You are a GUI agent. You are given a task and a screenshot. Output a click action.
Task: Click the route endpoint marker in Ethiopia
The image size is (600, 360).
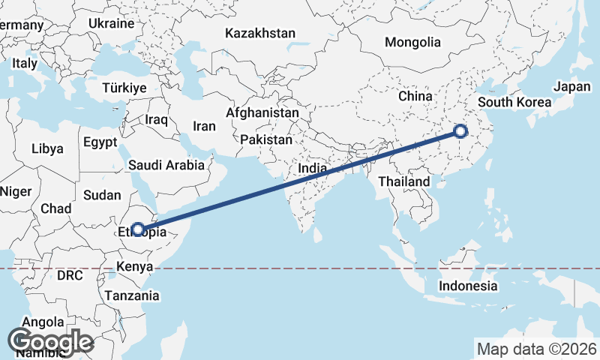click(x=138, y=229)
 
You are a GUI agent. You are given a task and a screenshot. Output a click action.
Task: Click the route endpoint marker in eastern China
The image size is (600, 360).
click(x=460, y=132)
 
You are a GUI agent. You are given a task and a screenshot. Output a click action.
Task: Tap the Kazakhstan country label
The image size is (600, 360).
click(x=260, y=34)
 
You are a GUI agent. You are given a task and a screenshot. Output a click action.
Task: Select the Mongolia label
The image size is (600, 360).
click(x=412, y=42)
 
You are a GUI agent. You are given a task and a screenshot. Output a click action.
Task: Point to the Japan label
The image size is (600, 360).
click(x=572, y=86)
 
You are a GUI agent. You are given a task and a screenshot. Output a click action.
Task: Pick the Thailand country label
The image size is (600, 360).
click(x=404, y=181)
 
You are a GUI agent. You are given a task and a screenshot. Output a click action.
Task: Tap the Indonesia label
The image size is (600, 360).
click(x=468, y=286)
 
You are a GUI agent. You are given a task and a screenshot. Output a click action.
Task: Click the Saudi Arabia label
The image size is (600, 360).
click(x=166, y=165)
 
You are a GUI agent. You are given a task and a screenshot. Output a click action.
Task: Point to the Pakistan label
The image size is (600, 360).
click(x=266, y=139)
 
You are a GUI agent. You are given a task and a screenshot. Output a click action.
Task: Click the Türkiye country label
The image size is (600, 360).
click(x=124, y=88)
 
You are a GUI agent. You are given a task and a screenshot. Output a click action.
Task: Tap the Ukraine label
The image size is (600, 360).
click(x=111, y=23)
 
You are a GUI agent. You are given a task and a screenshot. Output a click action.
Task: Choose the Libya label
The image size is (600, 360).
click(x=47, y=148)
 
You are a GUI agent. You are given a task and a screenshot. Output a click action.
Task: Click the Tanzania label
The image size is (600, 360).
click(x=132, y=295)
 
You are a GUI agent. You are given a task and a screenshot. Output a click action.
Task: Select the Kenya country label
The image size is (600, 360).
click(x=135, y=266)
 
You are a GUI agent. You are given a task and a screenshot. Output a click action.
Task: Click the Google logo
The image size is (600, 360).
click(x=50, y=341)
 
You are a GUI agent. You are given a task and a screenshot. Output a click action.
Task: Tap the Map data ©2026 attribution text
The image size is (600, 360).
click(x=537, y=349)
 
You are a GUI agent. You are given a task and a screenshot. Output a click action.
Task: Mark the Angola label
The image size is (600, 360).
click(x=43, y=322)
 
